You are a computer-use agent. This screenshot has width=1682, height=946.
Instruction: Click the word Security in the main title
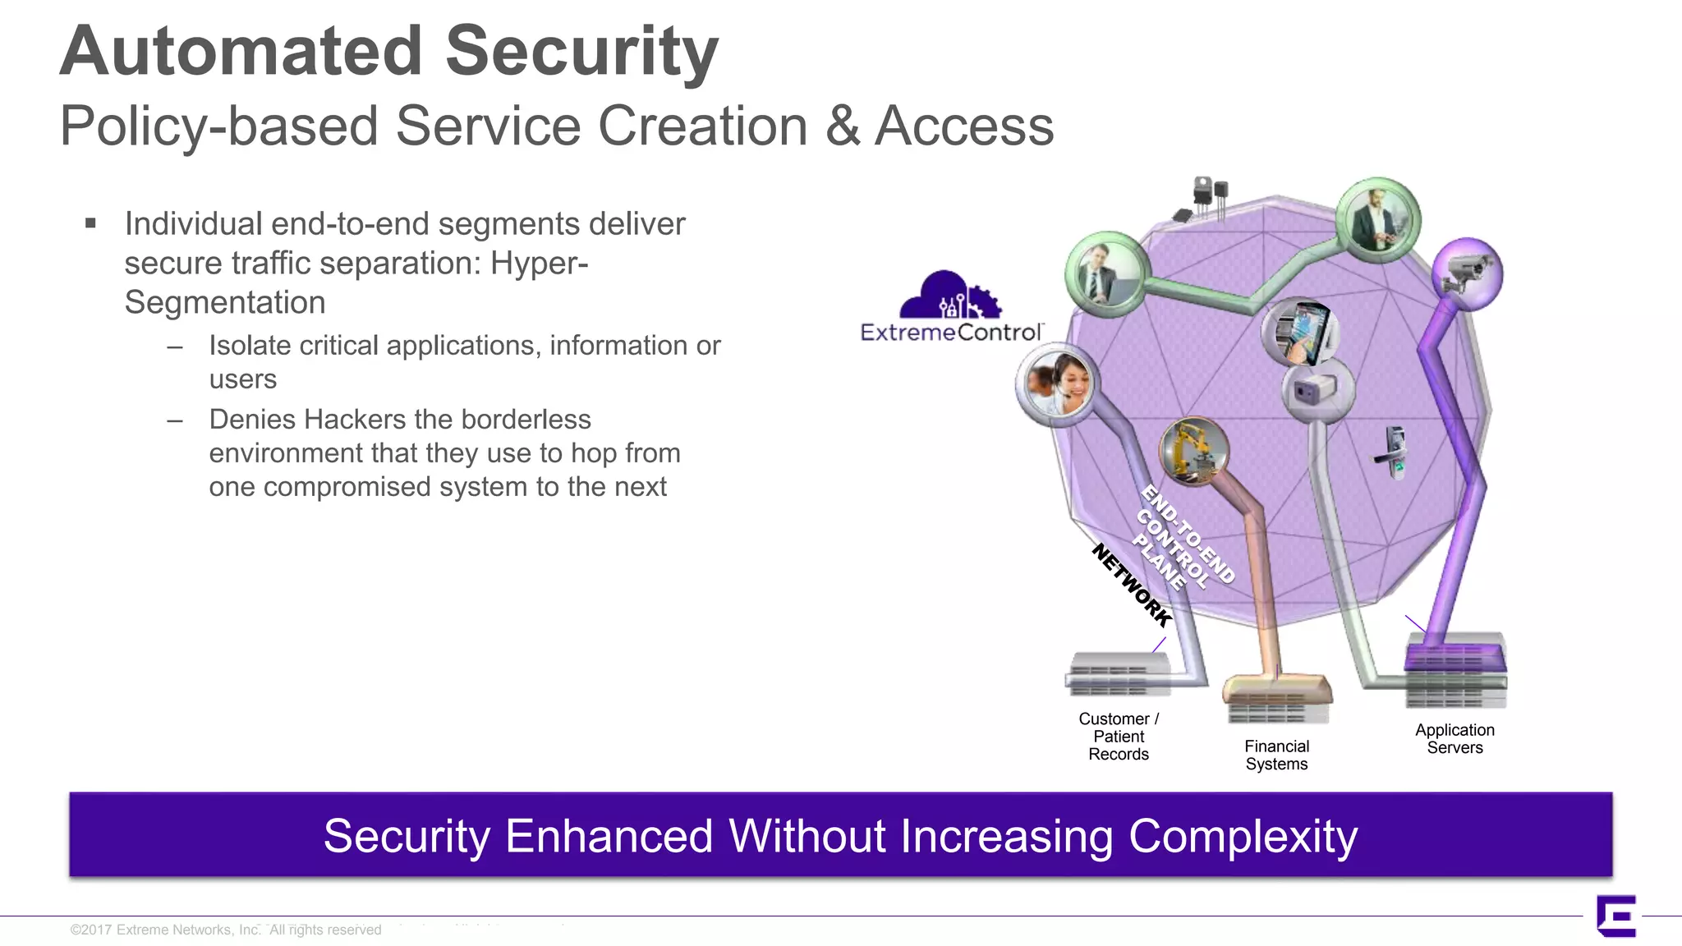[x=581, y=51]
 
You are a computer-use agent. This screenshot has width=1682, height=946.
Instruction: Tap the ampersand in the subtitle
[x=842, y=126]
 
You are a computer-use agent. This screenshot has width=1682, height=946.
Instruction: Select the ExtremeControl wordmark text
[x=951, y=333]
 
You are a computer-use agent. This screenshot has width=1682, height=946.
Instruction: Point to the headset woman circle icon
[x=1056, y=383]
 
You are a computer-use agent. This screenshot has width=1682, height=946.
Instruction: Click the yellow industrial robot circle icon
[x=1193, y=450]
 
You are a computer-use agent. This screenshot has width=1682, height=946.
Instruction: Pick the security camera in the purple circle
[x=1467, y=273]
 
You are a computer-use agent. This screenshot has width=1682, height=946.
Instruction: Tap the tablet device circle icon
[x=1302, y=331]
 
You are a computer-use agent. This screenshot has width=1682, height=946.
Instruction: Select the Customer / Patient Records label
[x=1119, y=737]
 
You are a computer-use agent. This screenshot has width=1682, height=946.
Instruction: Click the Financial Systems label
[x=1276, y=755]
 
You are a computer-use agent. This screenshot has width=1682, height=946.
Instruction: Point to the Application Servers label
[x=1455, y=739]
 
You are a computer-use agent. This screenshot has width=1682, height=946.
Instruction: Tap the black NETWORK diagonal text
[x=1131, y=586]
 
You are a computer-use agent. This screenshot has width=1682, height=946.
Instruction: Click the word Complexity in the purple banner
[x=1243, y=836]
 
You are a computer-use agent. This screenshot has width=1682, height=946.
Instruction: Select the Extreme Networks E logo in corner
[x=1616, y=916]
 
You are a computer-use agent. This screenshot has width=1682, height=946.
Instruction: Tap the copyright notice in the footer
[x=226, y=930]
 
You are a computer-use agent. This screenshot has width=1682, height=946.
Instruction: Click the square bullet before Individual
[x=90, y=223]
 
